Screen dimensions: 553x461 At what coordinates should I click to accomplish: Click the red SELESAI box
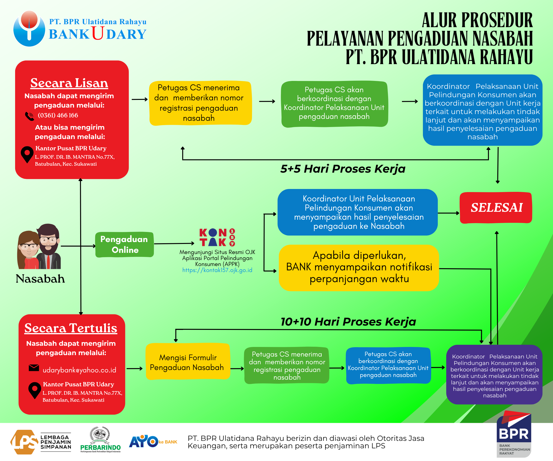(496, 208)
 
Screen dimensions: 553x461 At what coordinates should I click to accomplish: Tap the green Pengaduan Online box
(125, 244)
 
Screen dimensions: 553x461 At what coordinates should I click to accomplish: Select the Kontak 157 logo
(217, 237)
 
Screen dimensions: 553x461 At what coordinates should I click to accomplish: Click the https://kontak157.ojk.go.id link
(217, 270)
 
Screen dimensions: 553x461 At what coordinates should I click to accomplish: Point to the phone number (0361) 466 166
(58, 115)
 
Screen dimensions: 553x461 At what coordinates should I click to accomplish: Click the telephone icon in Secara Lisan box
(30, 116)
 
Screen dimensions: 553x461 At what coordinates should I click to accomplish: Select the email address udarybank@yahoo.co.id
(79, 370)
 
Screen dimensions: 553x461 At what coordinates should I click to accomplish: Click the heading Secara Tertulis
(71, 328)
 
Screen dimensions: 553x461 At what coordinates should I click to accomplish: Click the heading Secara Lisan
(69, 83)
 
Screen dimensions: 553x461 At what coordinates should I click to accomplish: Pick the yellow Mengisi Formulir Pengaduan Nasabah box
(188, 361)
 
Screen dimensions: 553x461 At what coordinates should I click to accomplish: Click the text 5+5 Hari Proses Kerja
(343, 169)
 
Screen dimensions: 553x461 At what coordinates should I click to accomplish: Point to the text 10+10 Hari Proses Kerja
(348, 322)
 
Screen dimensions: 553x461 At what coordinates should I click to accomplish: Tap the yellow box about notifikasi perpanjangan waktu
(359, 268)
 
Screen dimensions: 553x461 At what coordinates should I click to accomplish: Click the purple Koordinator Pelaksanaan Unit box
(494, 375)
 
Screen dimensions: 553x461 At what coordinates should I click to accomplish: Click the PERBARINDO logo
(100, 440)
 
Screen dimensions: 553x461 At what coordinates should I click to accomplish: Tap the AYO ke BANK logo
(153, 442)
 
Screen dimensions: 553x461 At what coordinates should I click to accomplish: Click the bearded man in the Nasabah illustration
(49, 246)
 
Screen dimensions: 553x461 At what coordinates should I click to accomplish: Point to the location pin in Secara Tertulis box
(35, 390)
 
